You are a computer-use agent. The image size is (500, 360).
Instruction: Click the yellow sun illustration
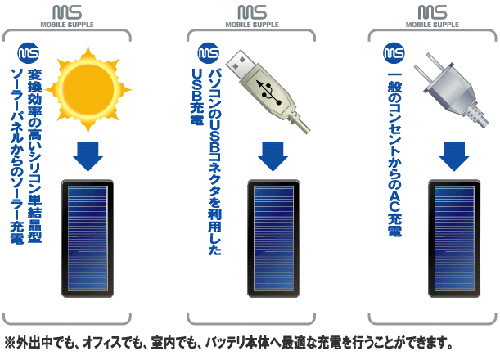tap(88, 89)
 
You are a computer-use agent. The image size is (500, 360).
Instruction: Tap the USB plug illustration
tap(268, 91)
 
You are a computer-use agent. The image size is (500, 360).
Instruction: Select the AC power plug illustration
tap(451, 90)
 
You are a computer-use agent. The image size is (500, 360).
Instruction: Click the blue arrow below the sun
tap(88, 156)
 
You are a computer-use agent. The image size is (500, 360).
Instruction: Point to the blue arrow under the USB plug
tap(273, 156)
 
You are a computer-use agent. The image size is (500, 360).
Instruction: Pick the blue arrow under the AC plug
tap(454, 156)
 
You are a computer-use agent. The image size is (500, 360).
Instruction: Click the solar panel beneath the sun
tap(88, 239)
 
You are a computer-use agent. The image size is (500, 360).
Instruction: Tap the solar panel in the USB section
tap(273, 239)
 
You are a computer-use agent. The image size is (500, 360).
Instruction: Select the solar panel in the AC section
tap(454, 239)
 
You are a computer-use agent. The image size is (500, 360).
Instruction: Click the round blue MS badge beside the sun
tap(28, 53)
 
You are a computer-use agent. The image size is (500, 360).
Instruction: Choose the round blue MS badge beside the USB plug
tap(209, 53)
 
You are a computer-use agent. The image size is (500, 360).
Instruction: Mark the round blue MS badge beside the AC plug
tap(394, 53)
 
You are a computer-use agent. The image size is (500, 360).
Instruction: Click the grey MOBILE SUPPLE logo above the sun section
tap(67, 16)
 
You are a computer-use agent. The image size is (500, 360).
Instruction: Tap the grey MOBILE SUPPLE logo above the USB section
tap(252, 16)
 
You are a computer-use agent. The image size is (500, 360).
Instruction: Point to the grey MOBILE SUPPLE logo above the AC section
tap(432, 16)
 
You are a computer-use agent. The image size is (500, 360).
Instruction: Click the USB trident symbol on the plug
tap(269, 92)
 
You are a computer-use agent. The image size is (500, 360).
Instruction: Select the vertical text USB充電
tap(197, 97)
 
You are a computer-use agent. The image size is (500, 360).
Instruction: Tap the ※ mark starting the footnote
tap(10, 343)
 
